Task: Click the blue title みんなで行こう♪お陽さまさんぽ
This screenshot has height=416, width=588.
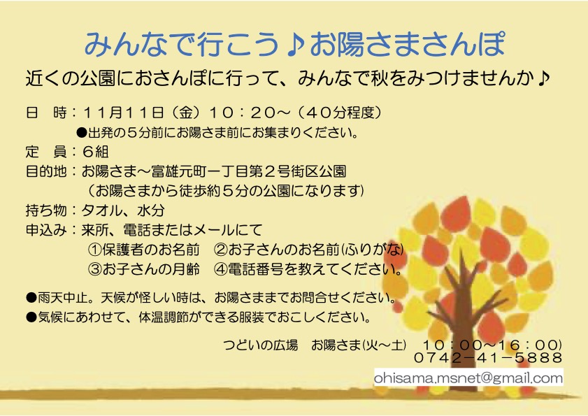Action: [295, 44]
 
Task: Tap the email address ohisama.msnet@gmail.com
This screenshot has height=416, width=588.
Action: [468, 378]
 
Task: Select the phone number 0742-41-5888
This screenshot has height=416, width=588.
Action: [488, 357]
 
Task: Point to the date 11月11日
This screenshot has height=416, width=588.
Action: [123, 112]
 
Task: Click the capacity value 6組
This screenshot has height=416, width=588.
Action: [95, 152]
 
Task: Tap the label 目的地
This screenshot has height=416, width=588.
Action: [46, 171]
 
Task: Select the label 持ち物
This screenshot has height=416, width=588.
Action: [46, 210]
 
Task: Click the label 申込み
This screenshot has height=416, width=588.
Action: [46, 230]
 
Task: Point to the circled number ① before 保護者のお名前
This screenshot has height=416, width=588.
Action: [95, 250]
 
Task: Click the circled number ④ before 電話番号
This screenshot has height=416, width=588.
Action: [221, 269]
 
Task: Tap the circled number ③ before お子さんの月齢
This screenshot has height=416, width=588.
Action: [95, 269]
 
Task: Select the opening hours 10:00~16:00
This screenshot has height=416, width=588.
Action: [492, 345]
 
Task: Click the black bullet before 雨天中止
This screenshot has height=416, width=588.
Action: [31, 298]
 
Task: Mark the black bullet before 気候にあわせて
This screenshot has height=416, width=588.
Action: [31, 317]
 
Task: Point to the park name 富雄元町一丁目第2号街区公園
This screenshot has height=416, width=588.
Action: [249, 171]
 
